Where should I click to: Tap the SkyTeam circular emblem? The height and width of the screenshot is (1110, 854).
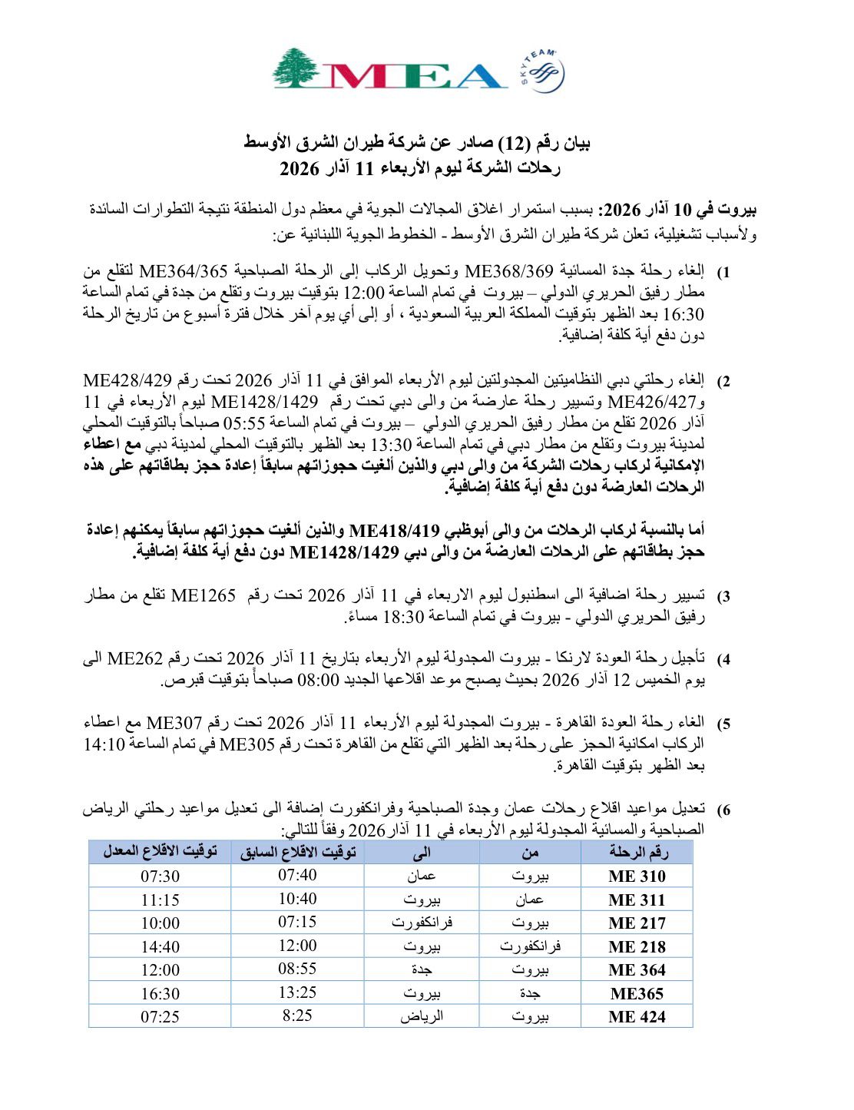(548, 74)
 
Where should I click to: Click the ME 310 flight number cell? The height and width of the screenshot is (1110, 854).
(637, 876)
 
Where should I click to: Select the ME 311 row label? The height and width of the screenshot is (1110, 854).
(637, 900)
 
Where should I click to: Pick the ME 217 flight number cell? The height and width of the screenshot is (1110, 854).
(637, 923)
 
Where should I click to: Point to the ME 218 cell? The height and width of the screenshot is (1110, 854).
(637, 947)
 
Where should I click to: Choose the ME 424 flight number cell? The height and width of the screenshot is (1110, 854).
(637, 1017)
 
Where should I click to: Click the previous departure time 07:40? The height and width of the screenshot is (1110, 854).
(297, 875)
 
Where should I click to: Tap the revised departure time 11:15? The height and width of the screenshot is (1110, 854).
(160, 900)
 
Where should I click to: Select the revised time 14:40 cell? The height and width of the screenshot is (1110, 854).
(160, 947)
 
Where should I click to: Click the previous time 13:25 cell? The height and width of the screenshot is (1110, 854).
(297, 992)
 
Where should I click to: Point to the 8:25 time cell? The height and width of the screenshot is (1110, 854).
(297, 1016)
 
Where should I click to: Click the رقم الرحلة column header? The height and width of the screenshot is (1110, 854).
(637, 852)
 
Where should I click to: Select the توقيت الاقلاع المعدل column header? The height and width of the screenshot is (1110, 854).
(160, 852)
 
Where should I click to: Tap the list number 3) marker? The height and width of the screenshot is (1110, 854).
(723, 597)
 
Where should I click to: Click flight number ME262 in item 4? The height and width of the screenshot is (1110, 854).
(135, 659)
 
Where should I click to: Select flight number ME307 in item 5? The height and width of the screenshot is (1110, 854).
(174, 723)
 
